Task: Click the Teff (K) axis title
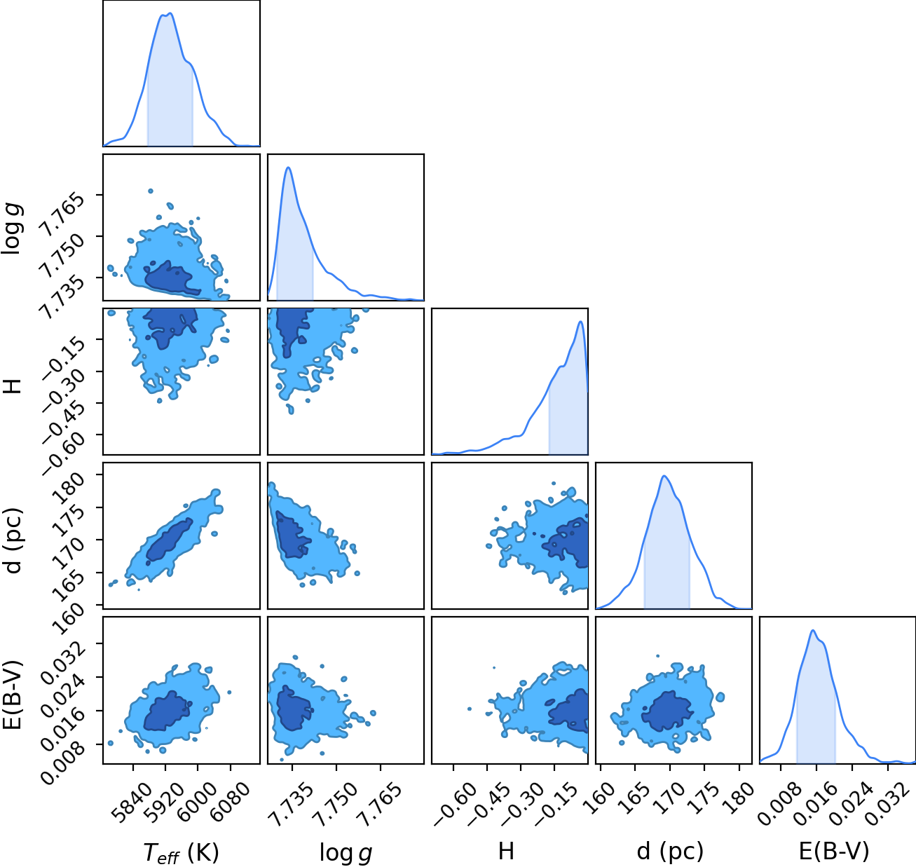(x=182, y=853)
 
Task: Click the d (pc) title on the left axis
(x=13, y=540)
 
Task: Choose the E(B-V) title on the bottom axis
(x=834, y=851)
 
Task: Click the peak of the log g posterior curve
(x=289, y=167)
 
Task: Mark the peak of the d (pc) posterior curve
(x=664, y=476)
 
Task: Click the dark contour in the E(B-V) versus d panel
(x=667, y=711)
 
